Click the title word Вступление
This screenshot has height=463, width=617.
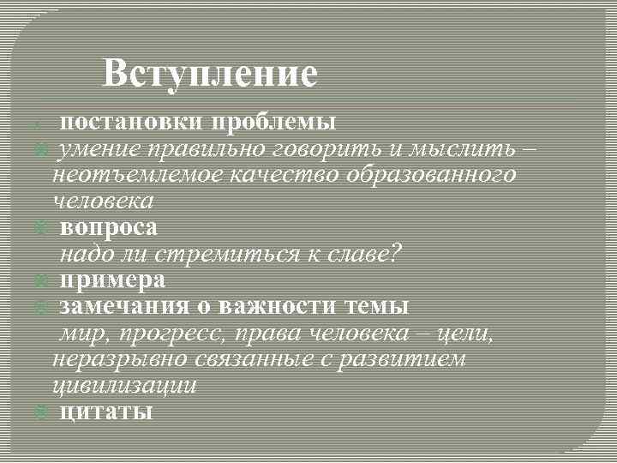(x=210, y=74)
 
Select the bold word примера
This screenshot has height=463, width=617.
(x=112, y=280)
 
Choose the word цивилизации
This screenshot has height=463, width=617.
(x=125, y=385)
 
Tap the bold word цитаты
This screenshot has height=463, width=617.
(x=106, y=412)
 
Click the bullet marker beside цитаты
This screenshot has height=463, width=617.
(x=39, y=413)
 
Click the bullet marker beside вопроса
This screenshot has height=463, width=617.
(x=39, y=229)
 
